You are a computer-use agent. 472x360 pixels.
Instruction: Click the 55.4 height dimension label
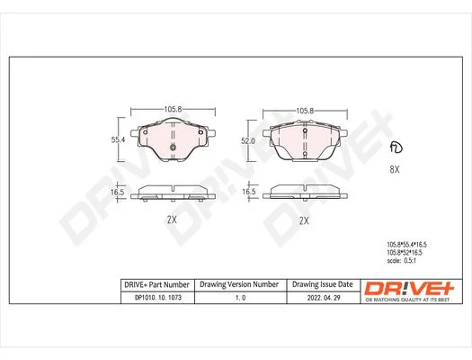pyautogui.click(x=118, y=139)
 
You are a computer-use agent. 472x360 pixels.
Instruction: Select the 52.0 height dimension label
pyautogui.click(x=248, y=141)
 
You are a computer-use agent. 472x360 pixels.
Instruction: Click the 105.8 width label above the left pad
pyautogui.click(x=173, y=109)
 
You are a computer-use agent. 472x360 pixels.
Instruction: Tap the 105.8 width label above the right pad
pyautogui.click(x=305, y=111)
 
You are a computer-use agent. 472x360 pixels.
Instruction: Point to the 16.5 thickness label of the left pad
pyautogui.click(x=118, y=193)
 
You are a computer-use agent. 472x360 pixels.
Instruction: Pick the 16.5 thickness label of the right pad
pyautogui.click(x=249, y=192)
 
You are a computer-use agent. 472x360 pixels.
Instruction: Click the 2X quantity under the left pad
pyautogui.click(x=172, y=220)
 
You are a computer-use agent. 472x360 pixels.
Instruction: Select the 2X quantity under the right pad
pyautogui.click(x=304, y=220)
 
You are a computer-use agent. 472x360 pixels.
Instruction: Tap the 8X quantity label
pyautogui.click(x=395, y=169)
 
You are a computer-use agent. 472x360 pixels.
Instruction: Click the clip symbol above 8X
pyautogui.click(x=396, y=147)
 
